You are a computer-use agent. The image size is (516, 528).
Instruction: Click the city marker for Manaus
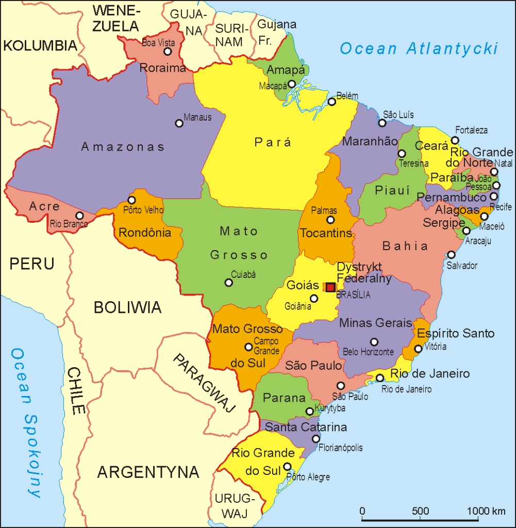179,123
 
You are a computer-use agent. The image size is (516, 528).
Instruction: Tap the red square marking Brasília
330,287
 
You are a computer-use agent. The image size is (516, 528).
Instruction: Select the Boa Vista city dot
168,52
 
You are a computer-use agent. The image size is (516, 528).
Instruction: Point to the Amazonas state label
123,147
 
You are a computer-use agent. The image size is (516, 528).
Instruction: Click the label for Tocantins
326,233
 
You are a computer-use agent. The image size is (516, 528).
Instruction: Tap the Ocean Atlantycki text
419,49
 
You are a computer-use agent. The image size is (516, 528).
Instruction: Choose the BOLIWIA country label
127,308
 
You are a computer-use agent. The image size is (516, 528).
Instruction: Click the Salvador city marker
452,255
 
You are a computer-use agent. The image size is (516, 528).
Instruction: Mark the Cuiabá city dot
229,283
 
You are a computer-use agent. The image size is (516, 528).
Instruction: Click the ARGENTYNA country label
148,471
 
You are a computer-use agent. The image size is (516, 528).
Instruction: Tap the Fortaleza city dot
455,140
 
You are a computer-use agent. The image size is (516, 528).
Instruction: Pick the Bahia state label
405,246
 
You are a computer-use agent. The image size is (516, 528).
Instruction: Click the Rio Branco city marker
79,216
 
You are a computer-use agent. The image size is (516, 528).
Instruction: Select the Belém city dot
332,102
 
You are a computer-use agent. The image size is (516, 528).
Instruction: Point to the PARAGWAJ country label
203,383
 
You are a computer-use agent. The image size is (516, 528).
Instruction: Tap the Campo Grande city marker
248,347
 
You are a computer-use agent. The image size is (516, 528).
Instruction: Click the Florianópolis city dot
316,439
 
